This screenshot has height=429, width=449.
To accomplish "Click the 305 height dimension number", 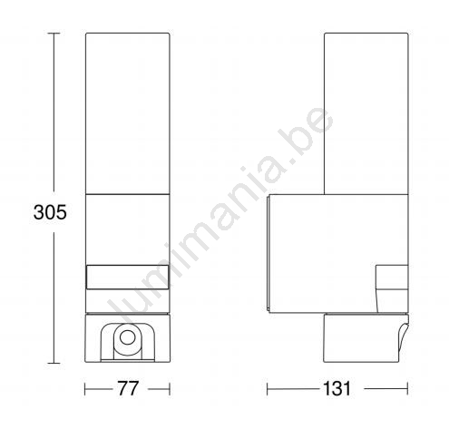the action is tap(50, 212).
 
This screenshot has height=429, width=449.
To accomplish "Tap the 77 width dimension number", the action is tap(128, 388).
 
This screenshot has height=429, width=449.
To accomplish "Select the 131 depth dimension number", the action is tap(337, 388).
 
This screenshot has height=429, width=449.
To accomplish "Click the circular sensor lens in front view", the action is tap(127, 337).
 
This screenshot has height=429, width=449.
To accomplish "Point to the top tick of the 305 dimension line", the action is tap(54, 33).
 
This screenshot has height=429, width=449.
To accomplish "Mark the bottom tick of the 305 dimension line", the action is tap(54, 363).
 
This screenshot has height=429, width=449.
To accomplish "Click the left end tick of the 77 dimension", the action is tap(85, 389).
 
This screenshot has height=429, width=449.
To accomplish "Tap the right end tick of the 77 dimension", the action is tap(170, 389).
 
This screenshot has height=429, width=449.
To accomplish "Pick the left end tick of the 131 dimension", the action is tap(268, 389).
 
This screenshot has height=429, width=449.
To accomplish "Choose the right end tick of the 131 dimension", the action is tap(407, 389).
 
